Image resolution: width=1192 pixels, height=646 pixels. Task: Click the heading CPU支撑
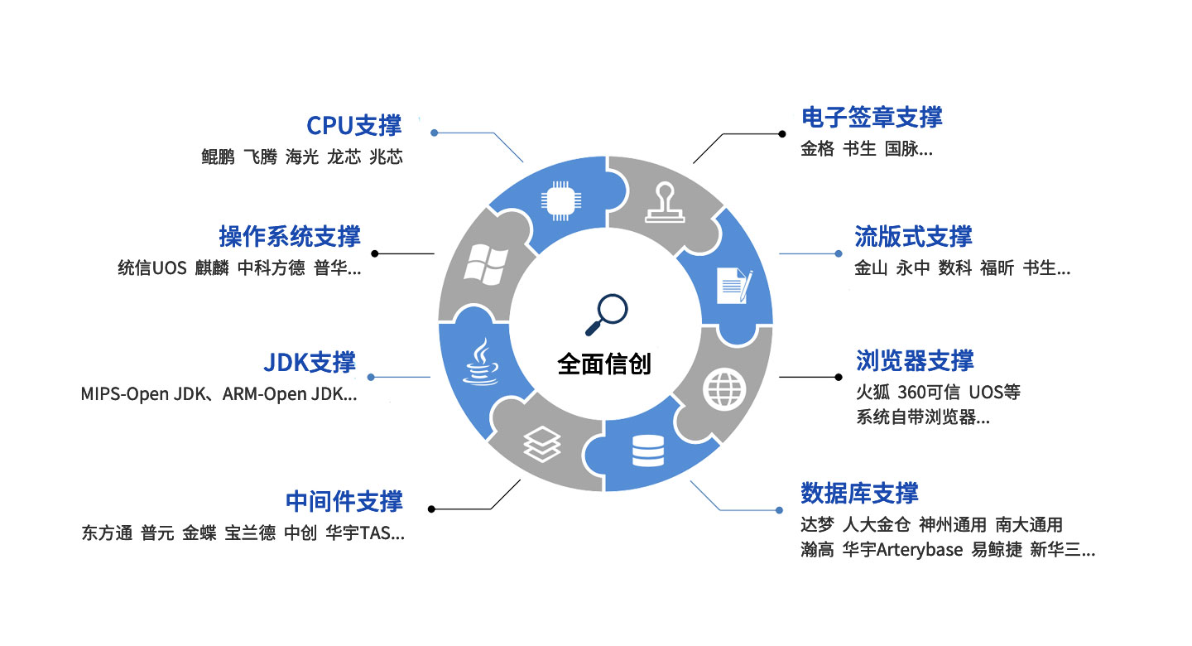coord(354,126)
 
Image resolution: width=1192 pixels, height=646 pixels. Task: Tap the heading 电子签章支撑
coord(872,117)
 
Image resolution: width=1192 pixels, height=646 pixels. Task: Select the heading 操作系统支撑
coord(290,236)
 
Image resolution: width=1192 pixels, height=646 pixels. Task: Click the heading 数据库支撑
coord(859,493)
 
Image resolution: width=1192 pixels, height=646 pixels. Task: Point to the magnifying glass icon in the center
coord(607,314)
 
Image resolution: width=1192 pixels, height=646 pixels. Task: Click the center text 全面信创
coord(604,364)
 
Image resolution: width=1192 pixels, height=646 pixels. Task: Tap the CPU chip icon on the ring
coord(561,200)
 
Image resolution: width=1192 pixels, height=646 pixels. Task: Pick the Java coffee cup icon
coord(480,361)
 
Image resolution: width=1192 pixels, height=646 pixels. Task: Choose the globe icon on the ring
coord(723,388)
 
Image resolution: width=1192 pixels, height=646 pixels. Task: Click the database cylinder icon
coord(648,451)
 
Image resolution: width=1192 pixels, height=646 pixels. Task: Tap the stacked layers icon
coord(541,444)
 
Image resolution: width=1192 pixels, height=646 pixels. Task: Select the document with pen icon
coord(734,286)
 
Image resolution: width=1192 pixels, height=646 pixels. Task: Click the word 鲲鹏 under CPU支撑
coord(218,157)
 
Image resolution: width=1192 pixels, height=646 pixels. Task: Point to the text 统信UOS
coord(152,268)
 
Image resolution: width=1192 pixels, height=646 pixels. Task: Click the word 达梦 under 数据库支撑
coord(817,524)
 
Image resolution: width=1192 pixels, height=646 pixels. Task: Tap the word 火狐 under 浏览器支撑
coord(872,393)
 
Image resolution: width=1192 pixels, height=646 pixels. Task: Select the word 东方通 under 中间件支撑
coord(107,533)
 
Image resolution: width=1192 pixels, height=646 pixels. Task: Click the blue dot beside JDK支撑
coord(371,377)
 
